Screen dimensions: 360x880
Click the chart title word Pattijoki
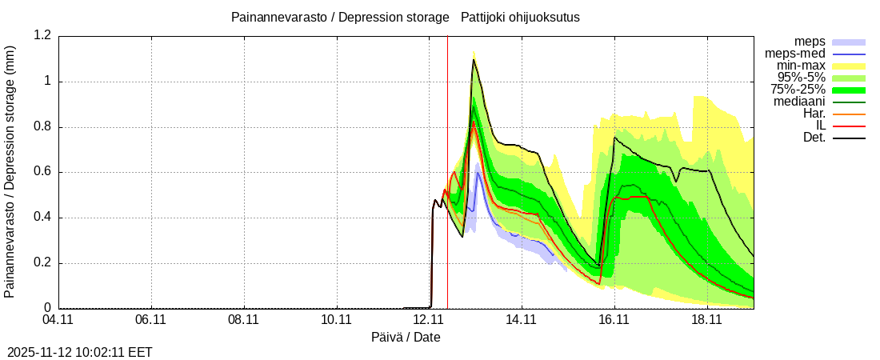coord(485,17)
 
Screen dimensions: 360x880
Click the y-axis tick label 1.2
coord(42,35)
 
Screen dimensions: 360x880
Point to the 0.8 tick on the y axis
coord(42,126)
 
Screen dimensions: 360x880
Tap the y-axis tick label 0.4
coord(42,218)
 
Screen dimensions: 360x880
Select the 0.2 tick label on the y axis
coord(42,263)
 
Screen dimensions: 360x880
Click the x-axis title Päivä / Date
coord(406,337)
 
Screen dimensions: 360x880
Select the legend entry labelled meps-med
coord(796,54)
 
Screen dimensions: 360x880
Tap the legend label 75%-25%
coord(798,90)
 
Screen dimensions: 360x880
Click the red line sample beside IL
coord(849,126)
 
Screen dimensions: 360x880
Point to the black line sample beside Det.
coord(849,138)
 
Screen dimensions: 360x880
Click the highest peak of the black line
coord(474,59)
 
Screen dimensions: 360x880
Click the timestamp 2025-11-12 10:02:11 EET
coord(80,352)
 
